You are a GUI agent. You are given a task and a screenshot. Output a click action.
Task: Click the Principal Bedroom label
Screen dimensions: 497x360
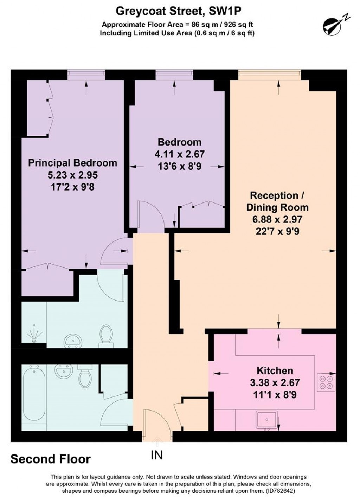(72, 163)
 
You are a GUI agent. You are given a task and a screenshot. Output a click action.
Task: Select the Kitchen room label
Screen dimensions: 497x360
(275, 370)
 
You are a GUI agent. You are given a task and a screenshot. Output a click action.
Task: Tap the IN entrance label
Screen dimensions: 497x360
(157, 455)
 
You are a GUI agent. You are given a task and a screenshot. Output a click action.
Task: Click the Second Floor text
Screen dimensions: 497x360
(51, 459)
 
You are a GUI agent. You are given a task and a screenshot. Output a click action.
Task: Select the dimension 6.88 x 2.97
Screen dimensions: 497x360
(277, 219)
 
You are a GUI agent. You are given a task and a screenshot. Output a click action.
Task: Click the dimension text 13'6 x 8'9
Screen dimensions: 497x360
(179, 166)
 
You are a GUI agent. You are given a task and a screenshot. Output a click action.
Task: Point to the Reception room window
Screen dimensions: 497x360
(269, 74)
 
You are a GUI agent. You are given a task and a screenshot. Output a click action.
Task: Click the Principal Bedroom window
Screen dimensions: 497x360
(86, 74)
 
